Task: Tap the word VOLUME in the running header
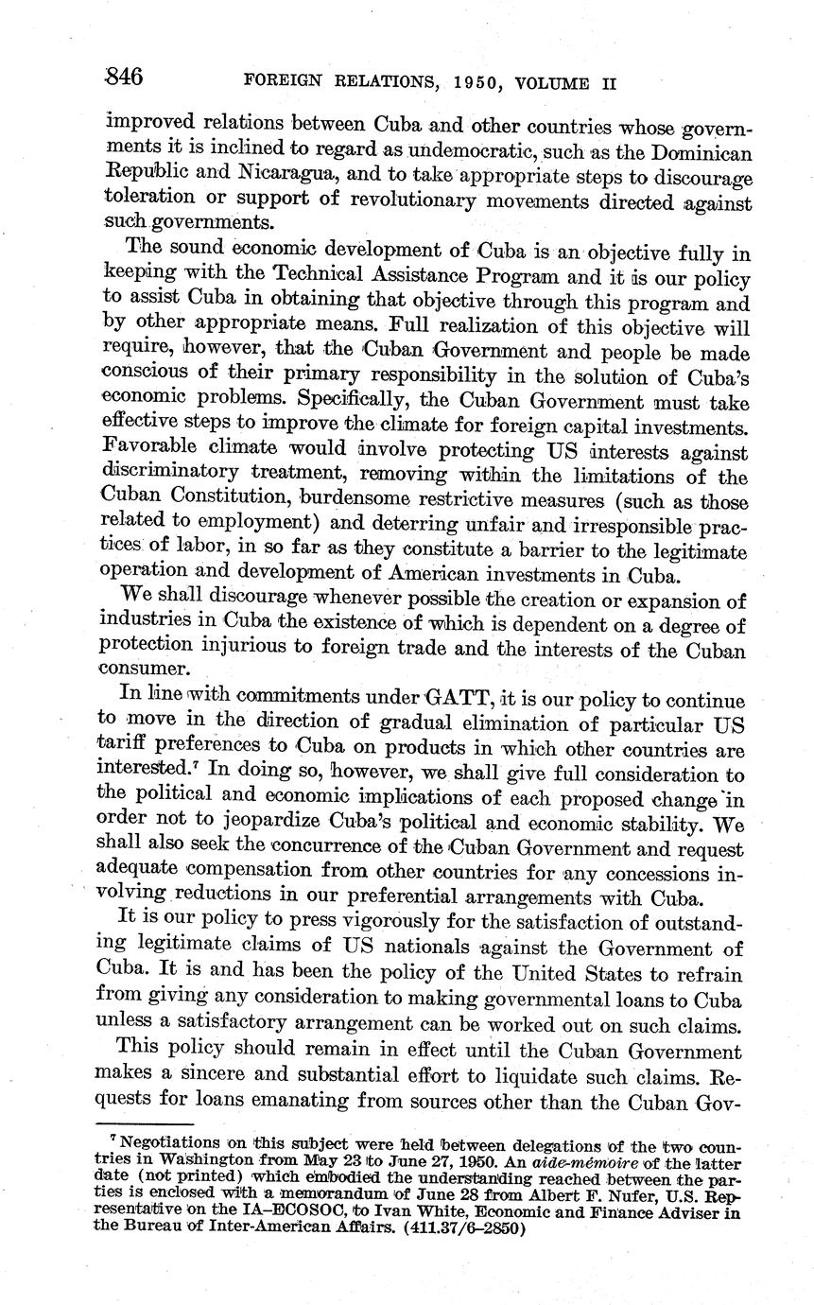coord(548,82)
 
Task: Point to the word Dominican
coord(699,152)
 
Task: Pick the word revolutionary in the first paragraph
coord(413,201)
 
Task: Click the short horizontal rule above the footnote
coord(149,1125)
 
